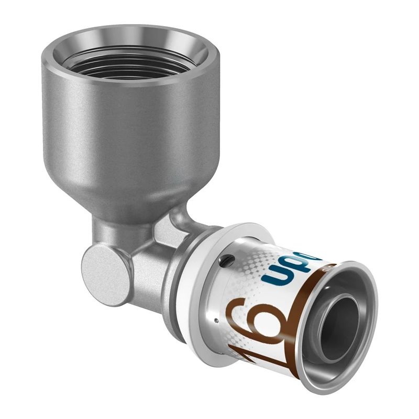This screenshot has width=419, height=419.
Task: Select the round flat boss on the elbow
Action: (105, 272)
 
